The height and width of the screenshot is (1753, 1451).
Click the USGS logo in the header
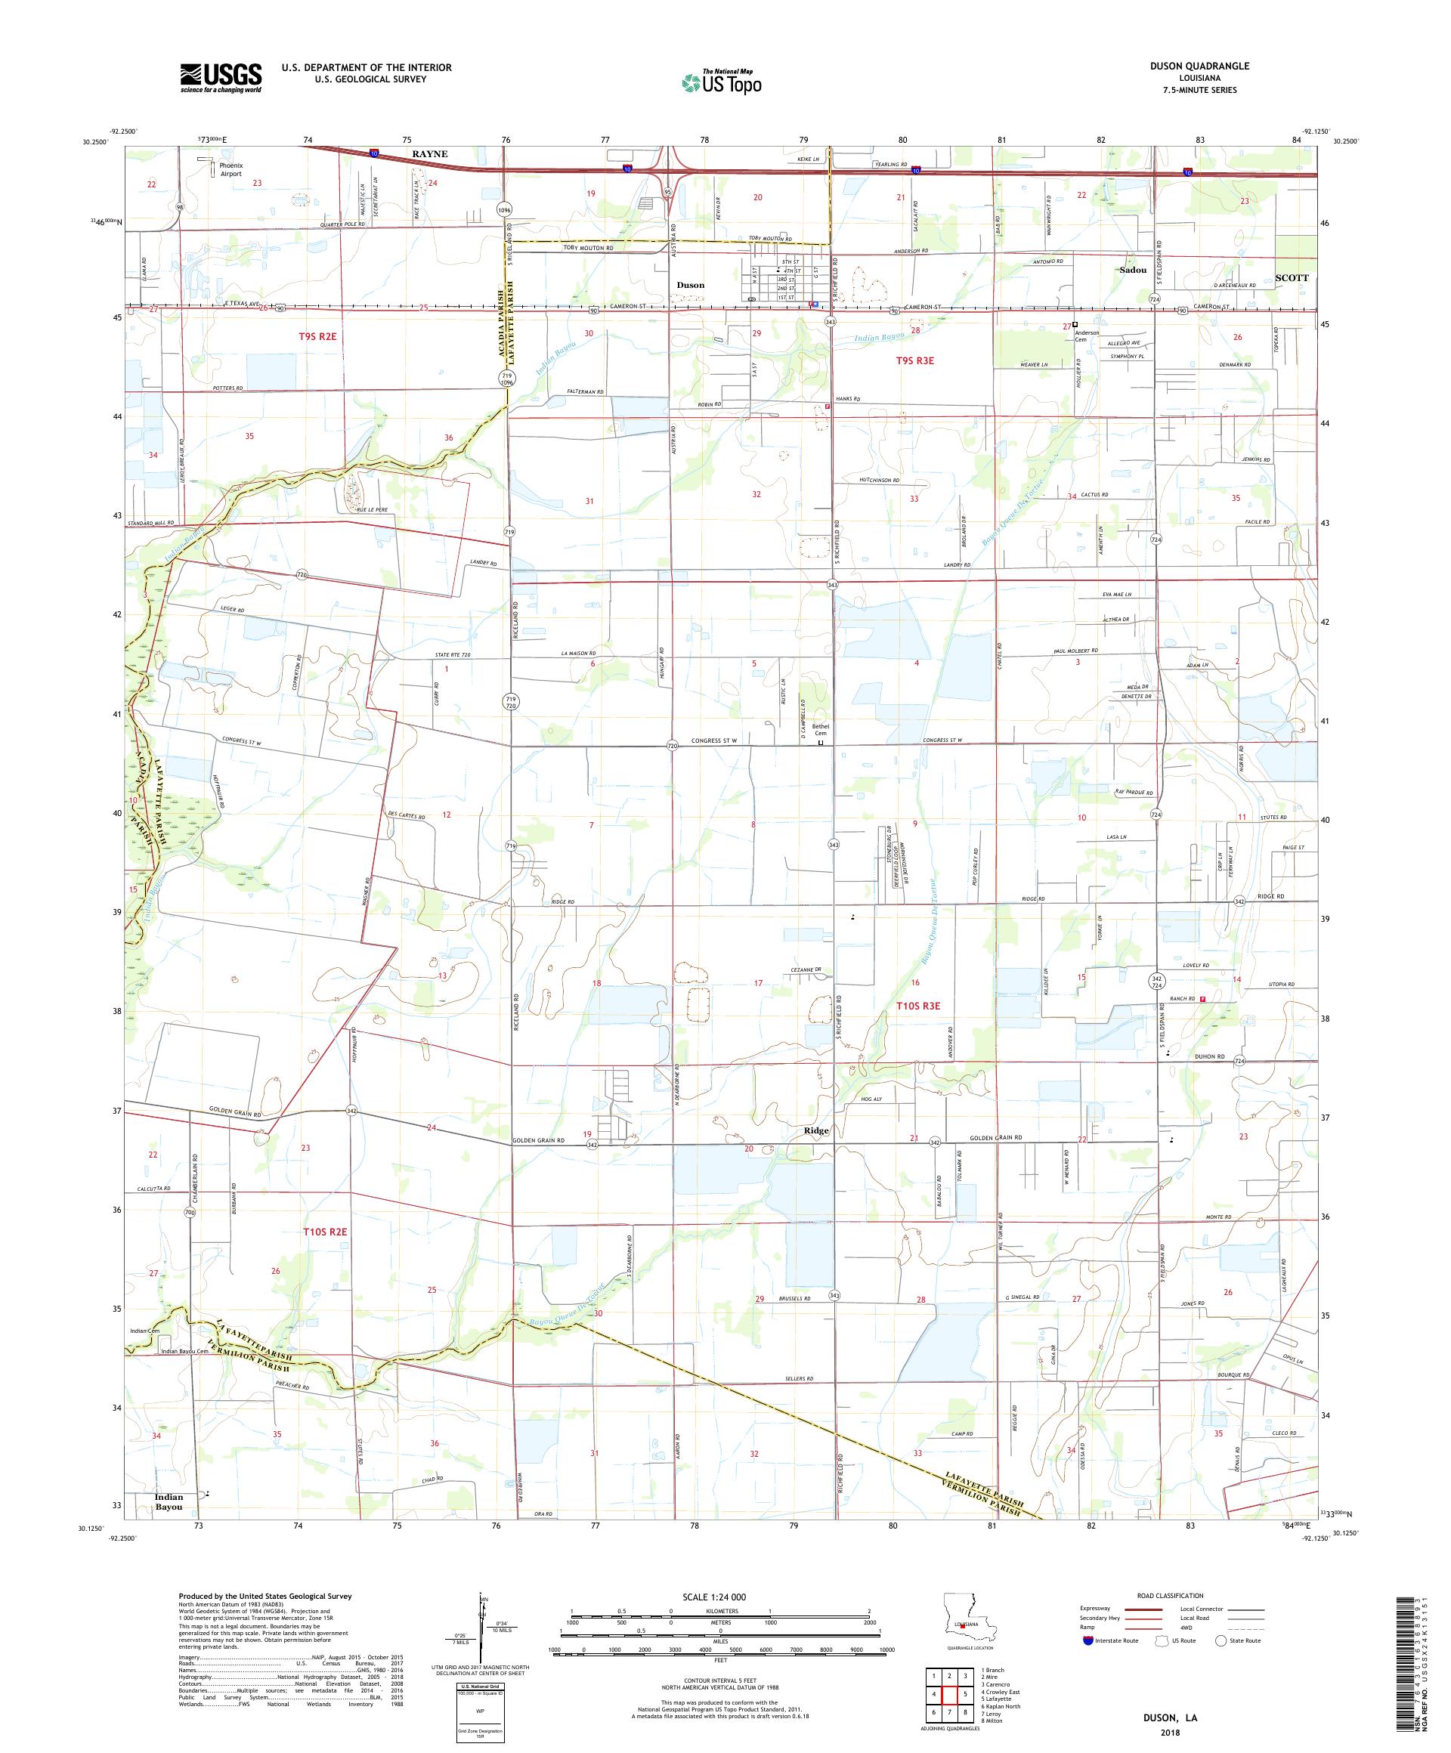(x=221, y=79)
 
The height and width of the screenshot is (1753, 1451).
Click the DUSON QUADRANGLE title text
(x=1203, y=66)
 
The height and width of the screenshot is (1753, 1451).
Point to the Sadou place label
(x=1133, y=271)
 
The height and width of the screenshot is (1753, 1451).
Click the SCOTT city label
(x=1292, y=277)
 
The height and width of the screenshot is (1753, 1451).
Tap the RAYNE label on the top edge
(x=428, y=153)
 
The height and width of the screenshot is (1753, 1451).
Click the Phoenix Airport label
(x=230, y=169)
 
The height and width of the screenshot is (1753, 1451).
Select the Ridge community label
(x=815, y=1130)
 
